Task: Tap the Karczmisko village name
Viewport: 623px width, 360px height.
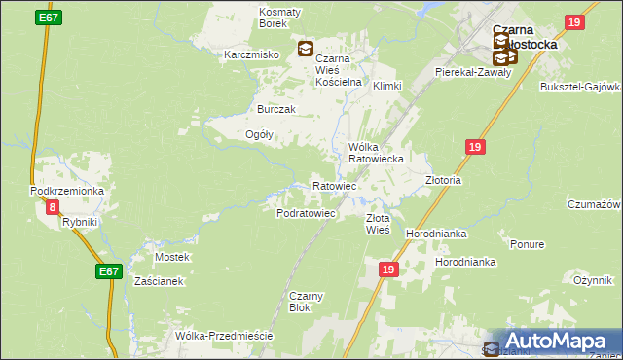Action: (x=252, y=54)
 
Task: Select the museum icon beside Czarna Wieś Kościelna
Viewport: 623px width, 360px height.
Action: (x=306, y=48)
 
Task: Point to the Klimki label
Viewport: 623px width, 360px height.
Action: (x=386, y=86)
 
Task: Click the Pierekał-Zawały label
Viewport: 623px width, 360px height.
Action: (x=472, y=72)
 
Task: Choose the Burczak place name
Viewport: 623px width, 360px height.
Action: (x=275, y=109)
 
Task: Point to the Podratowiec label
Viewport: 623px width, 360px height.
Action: (x=307, y=212)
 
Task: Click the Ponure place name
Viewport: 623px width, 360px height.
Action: (x=526, y=244)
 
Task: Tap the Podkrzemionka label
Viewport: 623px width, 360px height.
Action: (x=67, y=192)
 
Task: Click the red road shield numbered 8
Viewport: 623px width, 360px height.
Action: (x=52, y=206)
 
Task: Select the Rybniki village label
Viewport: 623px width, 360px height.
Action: (x=80, y=223)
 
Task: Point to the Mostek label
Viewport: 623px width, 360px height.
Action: (x=172, y=257)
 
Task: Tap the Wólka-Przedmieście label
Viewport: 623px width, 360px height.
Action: (x=223, y=336)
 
